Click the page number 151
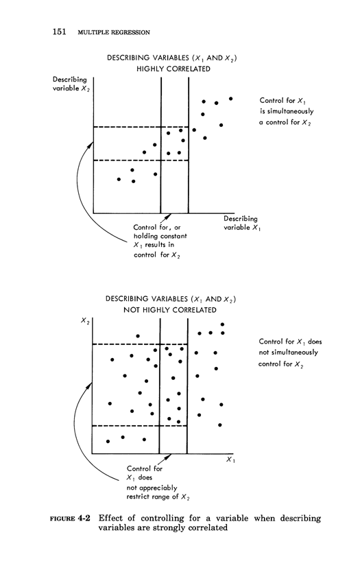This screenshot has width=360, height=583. tap(59, 32)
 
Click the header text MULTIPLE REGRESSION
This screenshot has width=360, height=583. tap(114, 32)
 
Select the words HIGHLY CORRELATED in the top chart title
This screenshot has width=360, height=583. tap(173, 69)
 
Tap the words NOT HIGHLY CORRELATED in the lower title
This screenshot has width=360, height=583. tap(170, 310)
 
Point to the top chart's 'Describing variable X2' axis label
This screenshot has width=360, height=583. tap(71, 84)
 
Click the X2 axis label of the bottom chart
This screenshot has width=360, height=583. tap(86, 320)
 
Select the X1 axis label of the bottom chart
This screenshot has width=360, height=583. tap(231, 460)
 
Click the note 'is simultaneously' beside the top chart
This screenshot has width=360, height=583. tap(287, 111)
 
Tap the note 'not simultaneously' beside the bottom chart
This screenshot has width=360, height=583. tap(289, 352)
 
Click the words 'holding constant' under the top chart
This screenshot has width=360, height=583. tap(160, 236)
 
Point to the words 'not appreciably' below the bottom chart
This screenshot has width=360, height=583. tap(152, 488)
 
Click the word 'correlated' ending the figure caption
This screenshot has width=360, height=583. tap(208, 528)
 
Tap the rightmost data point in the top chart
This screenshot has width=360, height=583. tap(231, 99)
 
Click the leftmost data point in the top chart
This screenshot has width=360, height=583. tap(119, 179)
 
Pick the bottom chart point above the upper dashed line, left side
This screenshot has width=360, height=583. tap(138, 336)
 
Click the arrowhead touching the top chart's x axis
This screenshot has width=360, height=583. tap(169, 215)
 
